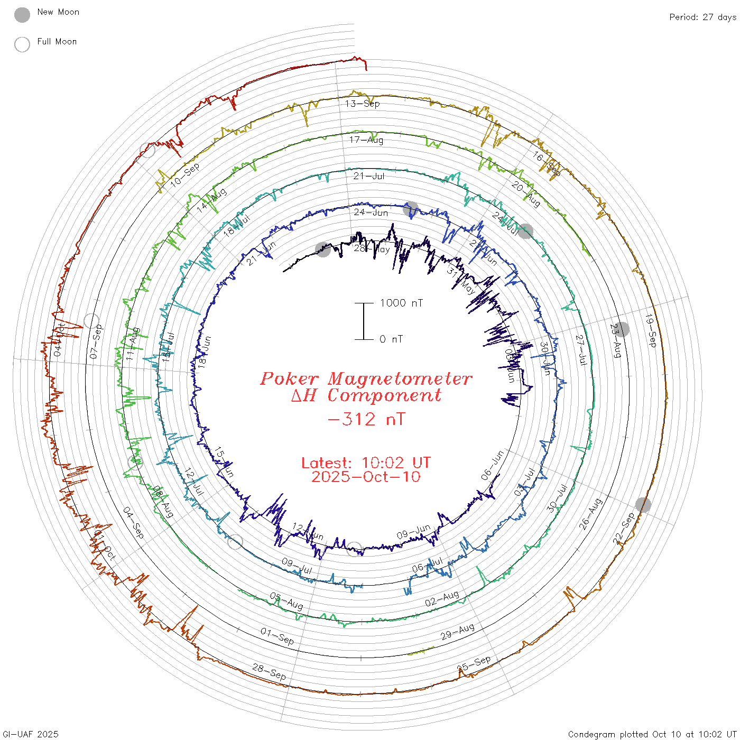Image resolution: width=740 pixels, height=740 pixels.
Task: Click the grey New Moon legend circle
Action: pos(22,15)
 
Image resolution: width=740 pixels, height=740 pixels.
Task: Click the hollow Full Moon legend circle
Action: pos(22,45)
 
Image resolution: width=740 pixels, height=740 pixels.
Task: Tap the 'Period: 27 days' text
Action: pos(702,17)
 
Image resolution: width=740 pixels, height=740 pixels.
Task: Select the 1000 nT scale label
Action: pos(401,303)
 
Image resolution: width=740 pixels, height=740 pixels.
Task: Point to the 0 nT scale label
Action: pos(391,339)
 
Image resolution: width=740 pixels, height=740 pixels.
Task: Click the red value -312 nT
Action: pos(366,419)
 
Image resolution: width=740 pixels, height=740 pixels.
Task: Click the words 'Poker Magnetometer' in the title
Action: pos(366,378)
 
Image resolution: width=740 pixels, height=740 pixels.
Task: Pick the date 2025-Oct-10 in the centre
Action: pos(366,477)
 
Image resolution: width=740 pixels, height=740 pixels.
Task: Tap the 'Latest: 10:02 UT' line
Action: pos(366,463)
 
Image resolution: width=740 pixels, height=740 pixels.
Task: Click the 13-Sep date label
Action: pos(362,104)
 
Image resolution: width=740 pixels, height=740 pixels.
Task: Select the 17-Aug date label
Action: pos(366,140)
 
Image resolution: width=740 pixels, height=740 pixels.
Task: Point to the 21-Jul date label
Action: pos(369,176)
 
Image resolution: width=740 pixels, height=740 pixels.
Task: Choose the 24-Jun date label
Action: pos(371,212)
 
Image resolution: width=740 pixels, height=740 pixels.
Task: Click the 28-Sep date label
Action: pos(269,672)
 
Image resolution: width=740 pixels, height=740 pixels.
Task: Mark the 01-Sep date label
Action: pos(277,636)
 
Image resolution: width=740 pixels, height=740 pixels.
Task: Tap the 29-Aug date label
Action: pos(458,632)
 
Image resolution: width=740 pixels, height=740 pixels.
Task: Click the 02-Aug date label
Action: pos(442,599)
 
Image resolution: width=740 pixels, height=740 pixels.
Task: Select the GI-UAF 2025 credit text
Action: pos(30,734)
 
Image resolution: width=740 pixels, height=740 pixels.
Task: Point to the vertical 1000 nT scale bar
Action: pos(364,321)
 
